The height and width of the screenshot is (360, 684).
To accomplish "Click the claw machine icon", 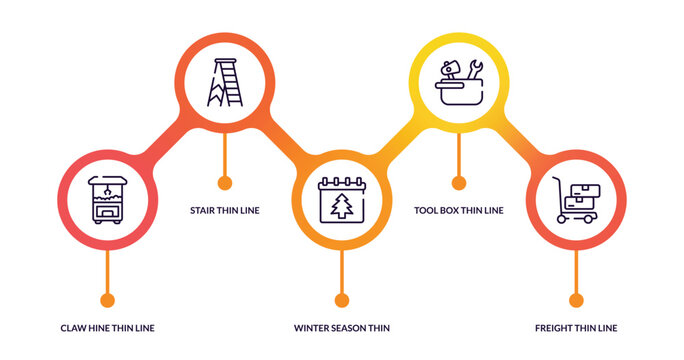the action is click(x=107, y=198).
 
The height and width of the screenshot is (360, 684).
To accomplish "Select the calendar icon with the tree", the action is click(x=341, y=199).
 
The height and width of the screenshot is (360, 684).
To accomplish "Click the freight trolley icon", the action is click(x=576, y=199).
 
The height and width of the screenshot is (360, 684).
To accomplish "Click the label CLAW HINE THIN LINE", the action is click(x=107, y=328).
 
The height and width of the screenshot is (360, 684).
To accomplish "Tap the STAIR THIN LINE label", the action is click(x=225, y=211).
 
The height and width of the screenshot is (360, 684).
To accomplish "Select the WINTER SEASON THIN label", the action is click(x=342, y=328).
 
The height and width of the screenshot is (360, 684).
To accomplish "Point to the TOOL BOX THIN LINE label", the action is click(x=459, y=211).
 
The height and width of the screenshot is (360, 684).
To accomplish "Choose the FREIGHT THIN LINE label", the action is click(x=576, y=328).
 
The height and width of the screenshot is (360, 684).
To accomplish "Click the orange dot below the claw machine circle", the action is click(x=108, y=299).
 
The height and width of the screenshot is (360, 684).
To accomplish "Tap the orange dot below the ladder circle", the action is click(x=225, y=182).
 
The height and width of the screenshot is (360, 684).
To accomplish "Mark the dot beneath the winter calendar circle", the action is click(x=342, y=299).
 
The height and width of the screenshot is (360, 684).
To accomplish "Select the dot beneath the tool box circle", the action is click(x=459, y=182).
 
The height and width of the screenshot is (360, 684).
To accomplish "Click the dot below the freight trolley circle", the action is click(x=576, y=299).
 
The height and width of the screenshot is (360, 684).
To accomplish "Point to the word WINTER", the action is click(x=312, y=328).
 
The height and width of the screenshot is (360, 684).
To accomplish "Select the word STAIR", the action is click(x=204, y=211).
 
